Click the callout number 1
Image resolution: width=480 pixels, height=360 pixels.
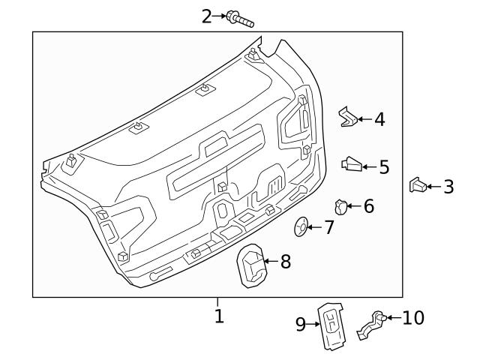click(219, 316)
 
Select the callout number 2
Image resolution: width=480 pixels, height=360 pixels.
click(208, 15)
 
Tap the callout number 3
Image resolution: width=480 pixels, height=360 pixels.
click(448, 186)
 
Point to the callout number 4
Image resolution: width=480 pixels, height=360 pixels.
click(379, 118)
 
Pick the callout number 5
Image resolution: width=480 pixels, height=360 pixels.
click(384, 166)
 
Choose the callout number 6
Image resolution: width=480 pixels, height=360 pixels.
click(368, 205)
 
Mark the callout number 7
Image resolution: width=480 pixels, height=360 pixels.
click(328, 227)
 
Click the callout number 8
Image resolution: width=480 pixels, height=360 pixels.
click(284, 262)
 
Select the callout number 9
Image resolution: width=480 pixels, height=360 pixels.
click(300, 324)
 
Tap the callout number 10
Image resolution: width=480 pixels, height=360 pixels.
click(413, 318)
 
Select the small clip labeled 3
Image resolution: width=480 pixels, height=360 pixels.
click(418, 185)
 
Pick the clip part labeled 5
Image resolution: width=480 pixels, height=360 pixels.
click(351, 164)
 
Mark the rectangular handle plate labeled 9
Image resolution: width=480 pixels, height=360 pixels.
click(329, 326)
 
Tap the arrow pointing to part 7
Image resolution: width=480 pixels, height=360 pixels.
click(316, 226)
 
